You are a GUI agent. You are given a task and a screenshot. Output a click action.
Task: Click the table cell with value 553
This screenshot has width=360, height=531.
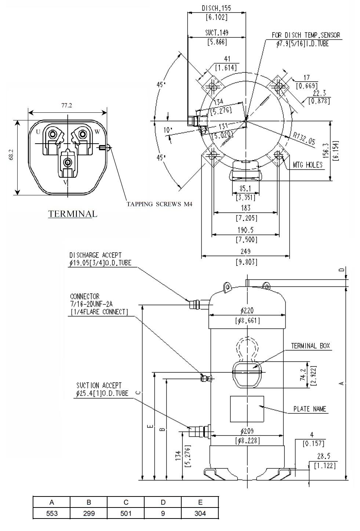(x=52, y=513)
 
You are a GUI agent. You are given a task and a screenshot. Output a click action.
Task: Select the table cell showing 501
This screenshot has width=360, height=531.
(x=126, y=513)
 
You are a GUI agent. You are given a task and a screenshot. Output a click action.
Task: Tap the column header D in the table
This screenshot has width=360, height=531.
(x=163, y=502)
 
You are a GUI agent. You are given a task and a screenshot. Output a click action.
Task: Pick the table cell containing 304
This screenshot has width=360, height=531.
(x=200, y=513)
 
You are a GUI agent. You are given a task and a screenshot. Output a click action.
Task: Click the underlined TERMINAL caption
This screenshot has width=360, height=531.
(x=72, y=214)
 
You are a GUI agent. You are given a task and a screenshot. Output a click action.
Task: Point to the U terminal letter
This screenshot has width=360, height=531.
(x=38, y=132)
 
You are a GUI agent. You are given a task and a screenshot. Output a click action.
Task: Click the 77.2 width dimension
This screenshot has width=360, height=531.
(x=67, y=105)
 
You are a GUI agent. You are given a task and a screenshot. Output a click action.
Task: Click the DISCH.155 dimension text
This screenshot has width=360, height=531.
(x=216, y=8)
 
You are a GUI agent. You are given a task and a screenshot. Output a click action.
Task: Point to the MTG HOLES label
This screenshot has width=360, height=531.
(x=308, y=165)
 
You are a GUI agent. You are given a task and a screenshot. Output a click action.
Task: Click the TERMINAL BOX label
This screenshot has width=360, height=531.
(x=310, y=346)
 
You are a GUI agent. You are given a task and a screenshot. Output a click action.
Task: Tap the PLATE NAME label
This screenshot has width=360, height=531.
(x=310, y=409)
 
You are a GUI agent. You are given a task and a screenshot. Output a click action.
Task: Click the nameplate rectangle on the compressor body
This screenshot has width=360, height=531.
(x=247, y=409)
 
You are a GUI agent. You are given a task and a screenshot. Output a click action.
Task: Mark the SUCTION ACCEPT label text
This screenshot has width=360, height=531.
(x=99, y=386)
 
